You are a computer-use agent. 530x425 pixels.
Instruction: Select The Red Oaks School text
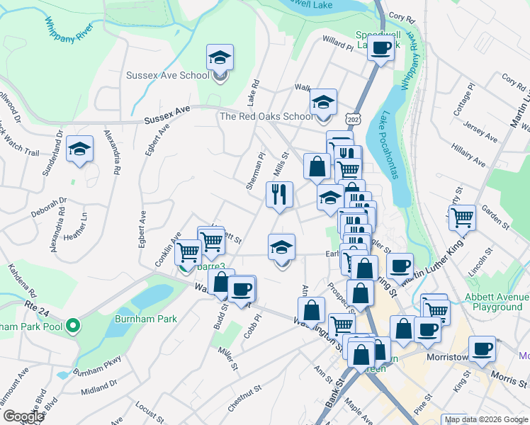coord(266,117)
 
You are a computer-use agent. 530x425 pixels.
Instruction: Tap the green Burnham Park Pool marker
coord(74,327)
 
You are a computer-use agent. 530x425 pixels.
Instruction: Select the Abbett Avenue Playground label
coord(494,302)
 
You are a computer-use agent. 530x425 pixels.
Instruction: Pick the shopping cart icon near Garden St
coord(463,219)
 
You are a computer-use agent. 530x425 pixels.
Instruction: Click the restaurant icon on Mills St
coord(279,195)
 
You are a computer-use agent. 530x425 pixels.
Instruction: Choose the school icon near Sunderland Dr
coord(79,149)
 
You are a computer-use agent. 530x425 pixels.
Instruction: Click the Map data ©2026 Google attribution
coord(485,419)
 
